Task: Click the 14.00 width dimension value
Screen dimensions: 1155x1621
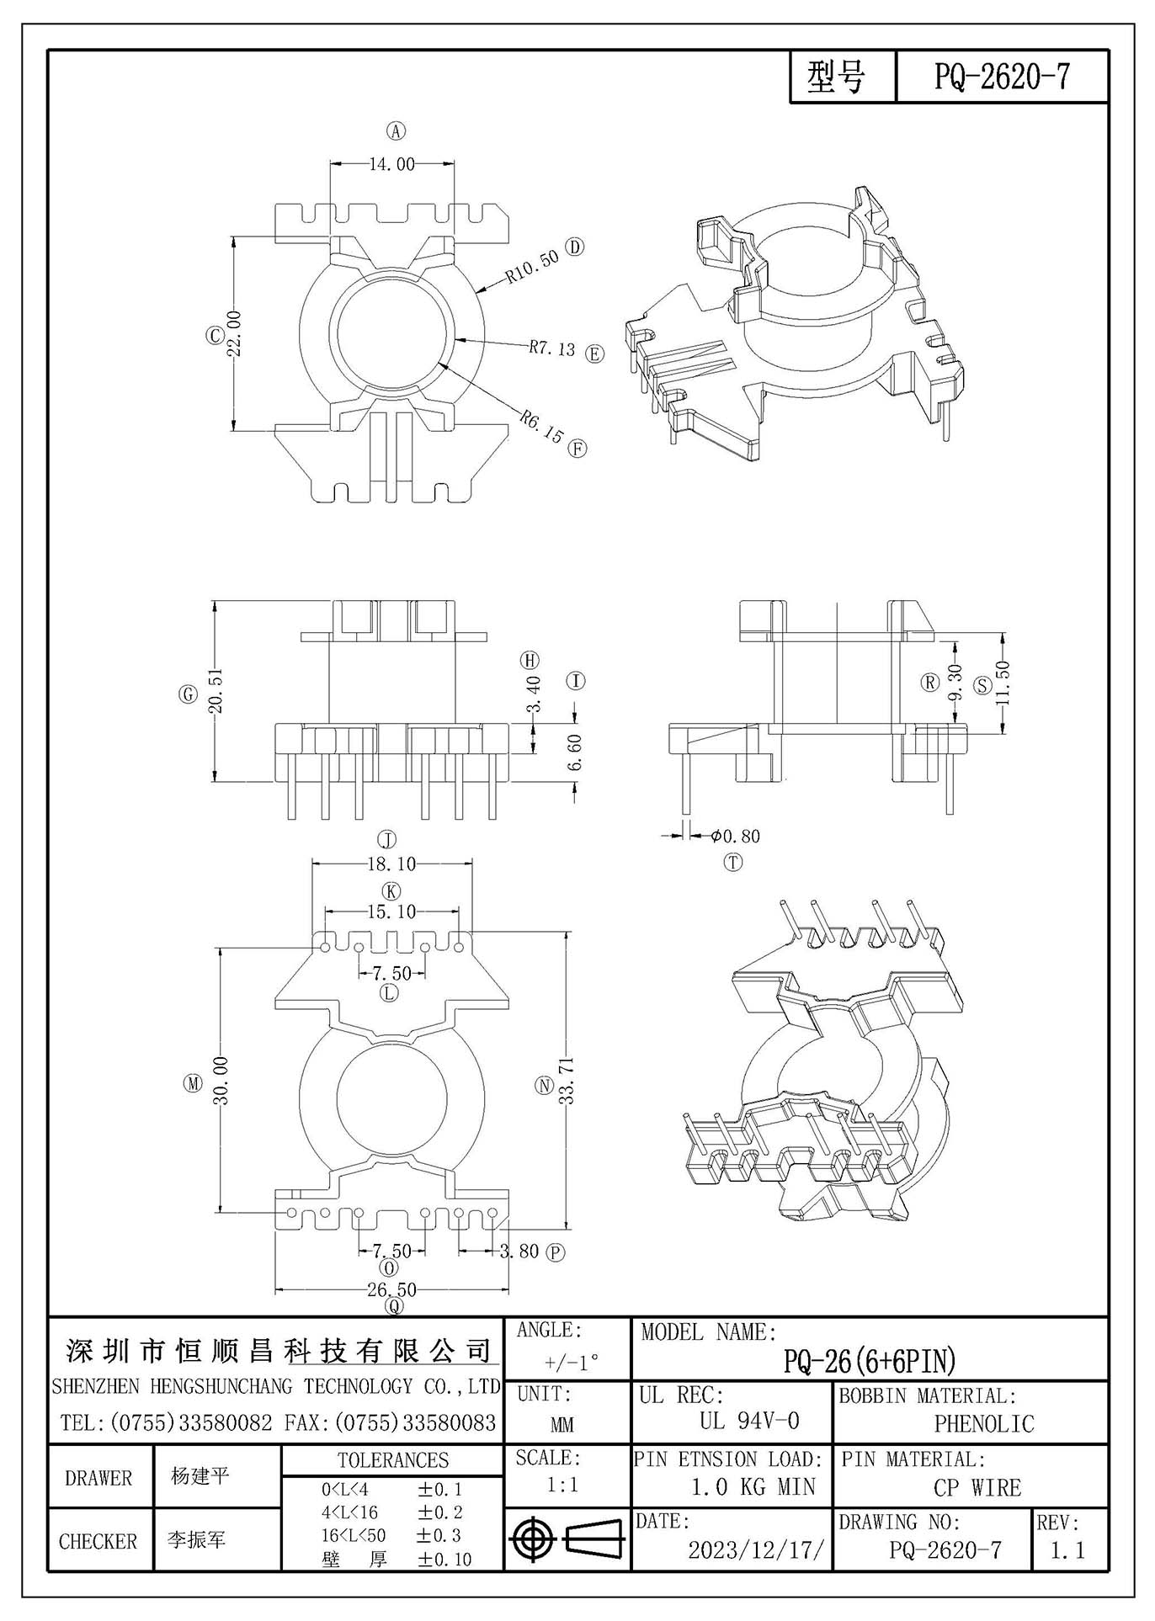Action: click(x=391, y=164)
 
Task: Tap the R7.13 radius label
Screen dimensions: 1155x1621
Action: click(x=552, y=348)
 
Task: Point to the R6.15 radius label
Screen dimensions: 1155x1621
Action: click(x=540, y=426)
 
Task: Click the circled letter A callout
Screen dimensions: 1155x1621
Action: click(x=396, y=130)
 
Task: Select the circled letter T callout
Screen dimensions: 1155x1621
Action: click(x=734, y=862)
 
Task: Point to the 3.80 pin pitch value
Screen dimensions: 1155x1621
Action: click(x=519, y=1251)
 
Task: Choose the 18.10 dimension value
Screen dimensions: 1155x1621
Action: click(x=391, y=864)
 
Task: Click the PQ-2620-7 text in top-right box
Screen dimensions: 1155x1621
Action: click(x=1002, y=77)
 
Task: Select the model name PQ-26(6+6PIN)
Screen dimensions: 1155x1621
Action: click(x=870, y=1361)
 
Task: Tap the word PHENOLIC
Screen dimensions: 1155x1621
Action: click(x=984, y=1423)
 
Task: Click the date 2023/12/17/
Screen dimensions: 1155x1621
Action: click(x=755, y=1549)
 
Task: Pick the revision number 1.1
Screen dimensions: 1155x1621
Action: click(x=1067, y=1549)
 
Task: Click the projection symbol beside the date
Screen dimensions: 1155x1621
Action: click(x=567, y=1541)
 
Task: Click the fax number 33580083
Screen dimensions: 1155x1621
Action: click(x=450, y=1423)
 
